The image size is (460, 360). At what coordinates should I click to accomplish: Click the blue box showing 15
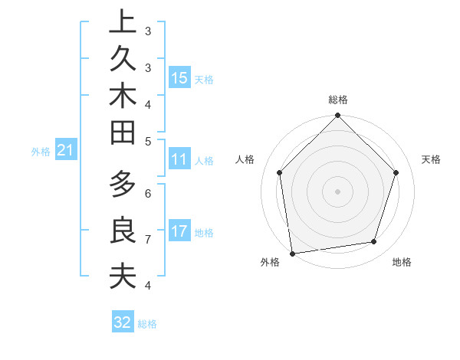tap(179, 77)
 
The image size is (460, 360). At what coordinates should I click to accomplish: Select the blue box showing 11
tap(179, 159)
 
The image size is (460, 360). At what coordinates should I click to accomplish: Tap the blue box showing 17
tap(179, 231)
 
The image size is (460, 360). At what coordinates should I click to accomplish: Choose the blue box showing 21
tap(66, 151)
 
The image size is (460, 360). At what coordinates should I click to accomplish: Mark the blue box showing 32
tap(123, 322)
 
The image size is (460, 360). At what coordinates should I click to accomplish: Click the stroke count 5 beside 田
tap(148, 140)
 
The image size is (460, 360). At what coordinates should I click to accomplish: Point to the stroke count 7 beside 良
tap(148, 239)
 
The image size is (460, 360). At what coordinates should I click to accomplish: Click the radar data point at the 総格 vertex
tap(337, 116)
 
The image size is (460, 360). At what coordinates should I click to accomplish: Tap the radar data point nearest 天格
tap(396, 172)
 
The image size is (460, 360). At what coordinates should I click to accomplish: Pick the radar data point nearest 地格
tap(374, 242)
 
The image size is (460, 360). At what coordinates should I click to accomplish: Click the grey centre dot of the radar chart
tap(337, 191)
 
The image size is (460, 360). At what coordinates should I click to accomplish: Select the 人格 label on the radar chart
tap(245, 159)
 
